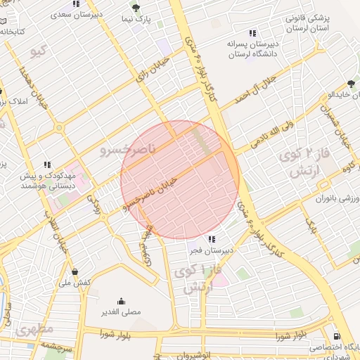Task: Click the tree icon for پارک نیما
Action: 136,8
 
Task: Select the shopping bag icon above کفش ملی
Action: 75,272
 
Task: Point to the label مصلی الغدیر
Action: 121,311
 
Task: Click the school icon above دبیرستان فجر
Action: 212,239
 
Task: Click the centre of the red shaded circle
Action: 180,180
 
